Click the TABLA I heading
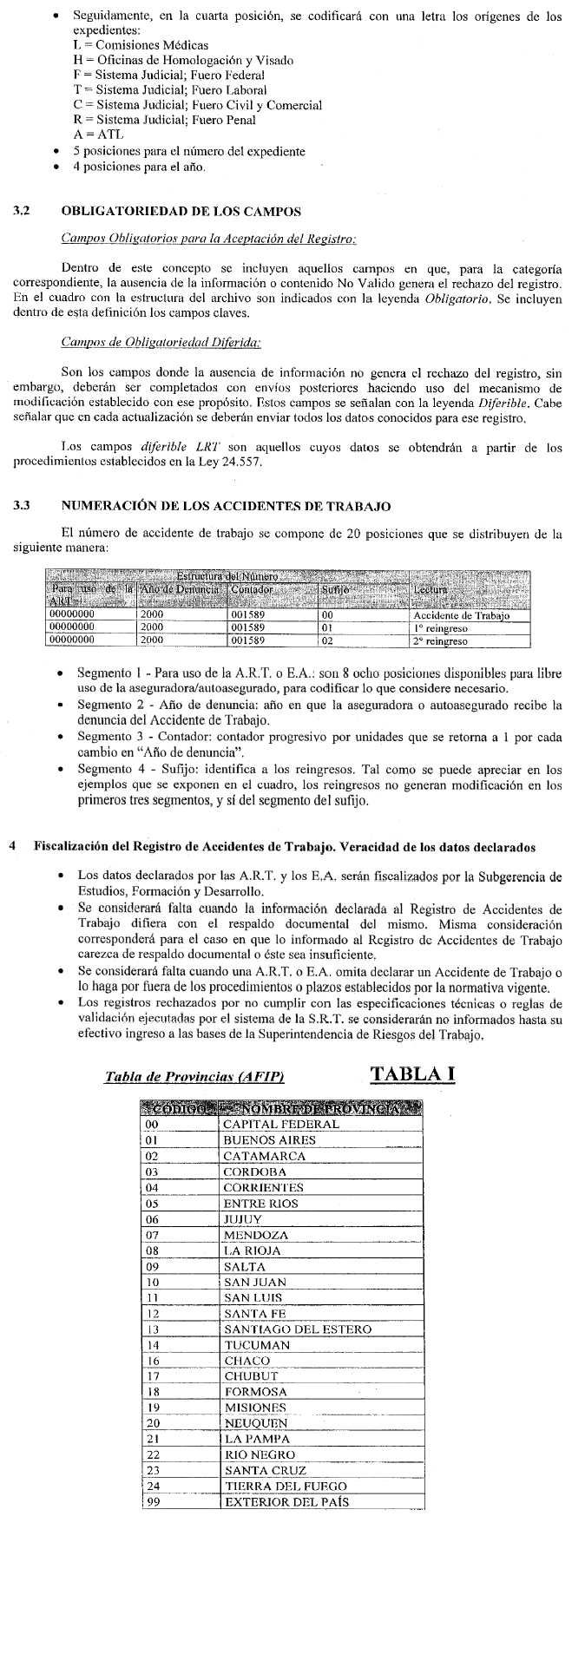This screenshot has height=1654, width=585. tap(412, 1073)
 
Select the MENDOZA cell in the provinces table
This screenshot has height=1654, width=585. tap(252, 1235)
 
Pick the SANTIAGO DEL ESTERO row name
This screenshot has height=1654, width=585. tap(297, 1329)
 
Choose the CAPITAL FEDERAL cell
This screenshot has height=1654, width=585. tap(280, 1124)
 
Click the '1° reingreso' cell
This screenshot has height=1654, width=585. tap(440, 628)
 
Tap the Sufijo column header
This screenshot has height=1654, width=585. tap(335, 590)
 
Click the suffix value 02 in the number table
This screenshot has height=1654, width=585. tap(327, 641)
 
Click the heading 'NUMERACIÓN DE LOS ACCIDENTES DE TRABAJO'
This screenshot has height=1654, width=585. tap(226, 506)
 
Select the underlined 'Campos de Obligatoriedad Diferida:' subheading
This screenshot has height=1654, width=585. tap(161, 344)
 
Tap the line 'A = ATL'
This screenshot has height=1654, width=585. tap(99, 135)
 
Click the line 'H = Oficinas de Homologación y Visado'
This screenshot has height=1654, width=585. tap(183, 61)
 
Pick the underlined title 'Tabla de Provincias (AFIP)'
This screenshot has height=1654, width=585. tap(194, 1077)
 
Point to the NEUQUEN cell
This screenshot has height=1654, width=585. tap(254, 1423)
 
